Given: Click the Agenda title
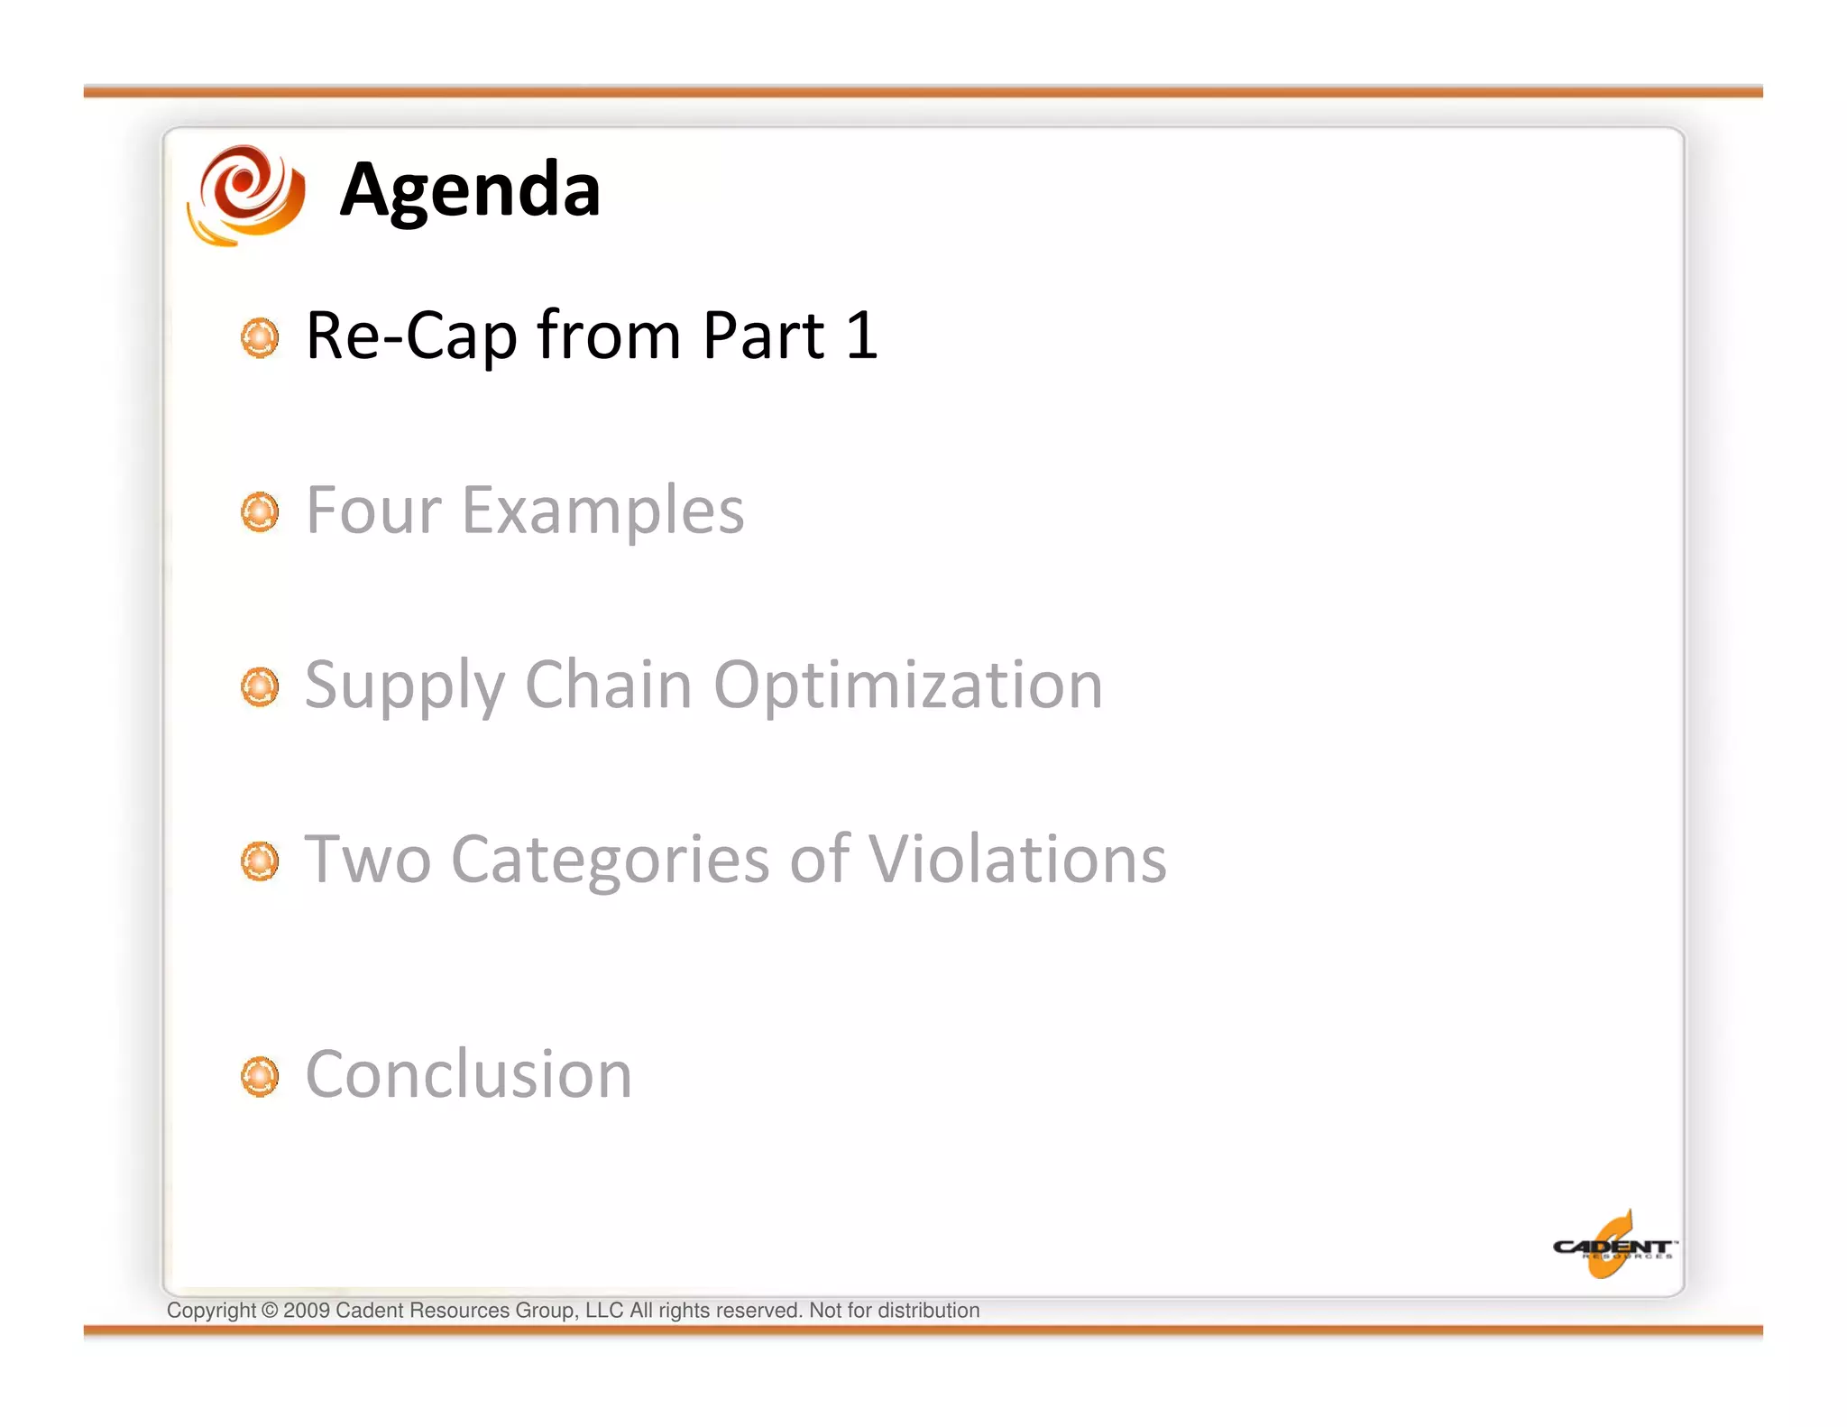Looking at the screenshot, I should point(470,190).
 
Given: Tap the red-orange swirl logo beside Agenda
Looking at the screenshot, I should point(247,194).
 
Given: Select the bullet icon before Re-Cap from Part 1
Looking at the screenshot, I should point(260,337).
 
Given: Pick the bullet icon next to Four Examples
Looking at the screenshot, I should point(260,512).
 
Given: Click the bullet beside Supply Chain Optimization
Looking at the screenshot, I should point(260,687).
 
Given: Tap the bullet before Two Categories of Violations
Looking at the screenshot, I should point(260,861).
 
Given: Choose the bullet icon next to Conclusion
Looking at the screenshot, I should point(260,1076).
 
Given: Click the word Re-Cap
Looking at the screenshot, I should point(410,336).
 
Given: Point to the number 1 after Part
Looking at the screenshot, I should point(861,336).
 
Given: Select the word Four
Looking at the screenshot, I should point(373,511).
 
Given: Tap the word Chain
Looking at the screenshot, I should point(609,686).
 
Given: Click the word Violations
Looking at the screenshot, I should point(1017,860).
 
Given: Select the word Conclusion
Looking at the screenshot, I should point(469,1075).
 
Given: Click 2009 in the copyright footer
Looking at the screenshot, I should point(307,1311).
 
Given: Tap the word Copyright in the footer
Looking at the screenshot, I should point(211,1311).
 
